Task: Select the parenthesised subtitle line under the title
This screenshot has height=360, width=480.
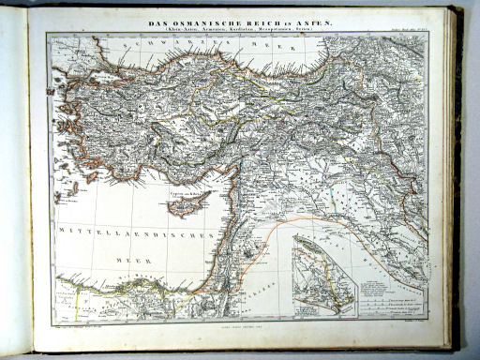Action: click(240, 30)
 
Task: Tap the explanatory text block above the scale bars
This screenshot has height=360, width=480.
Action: click(389, 286)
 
